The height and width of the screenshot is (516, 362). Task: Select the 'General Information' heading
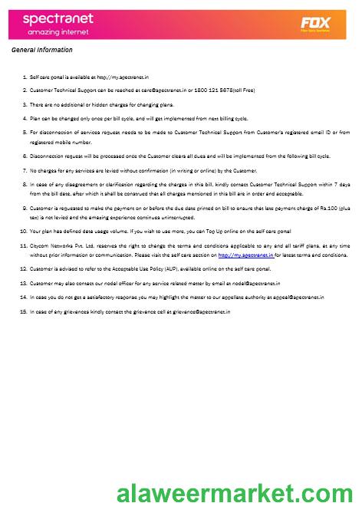pos(42,51)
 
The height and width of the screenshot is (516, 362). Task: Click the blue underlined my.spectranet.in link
pos(245,255)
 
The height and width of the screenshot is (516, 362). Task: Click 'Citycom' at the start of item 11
pos(39,245)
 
